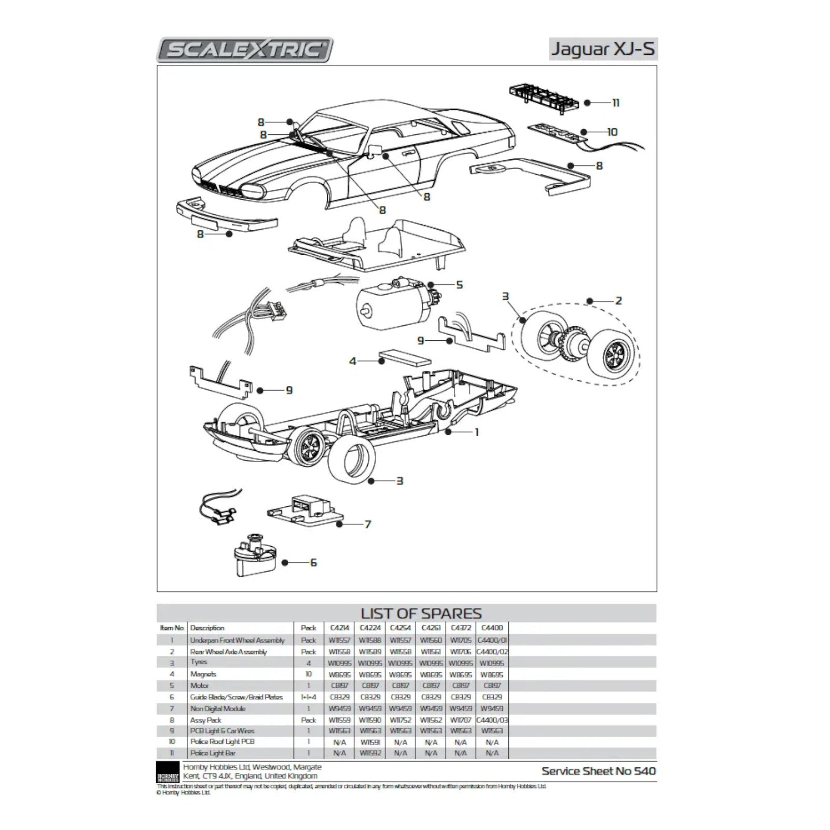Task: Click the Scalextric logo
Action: pyautogui.click(x=245, y=50)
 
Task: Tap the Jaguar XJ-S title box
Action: pyautogui.click(x=603, y=49)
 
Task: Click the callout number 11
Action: pyautogui.click(x=616, y=103)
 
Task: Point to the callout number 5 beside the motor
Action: pyautogui.click(x=459, y=285)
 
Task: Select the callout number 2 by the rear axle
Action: pyautogui.click(x=618, y=300)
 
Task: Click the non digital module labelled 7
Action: pyautogui.click(x=306, y=510)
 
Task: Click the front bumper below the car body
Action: pyautogui.click(x=227, y=215)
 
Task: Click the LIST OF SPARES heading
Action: pyautogui.click(x=421, y=614)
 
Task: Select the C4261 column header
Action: pyautogui.click(x=431, y=628)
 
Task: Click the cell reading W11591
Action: pyautogui.click(x=369, y=742)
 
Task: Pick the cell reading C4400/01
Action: pyautogui.click(x=492, y=640)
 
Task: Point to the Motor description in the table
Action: pyautogui.click(x=200, y=685)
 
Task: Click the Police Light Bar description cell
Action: pyautogui.click(x=213, y=753)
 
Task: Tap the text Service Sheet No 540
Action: pyautogui.click(x=599, y=771)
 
